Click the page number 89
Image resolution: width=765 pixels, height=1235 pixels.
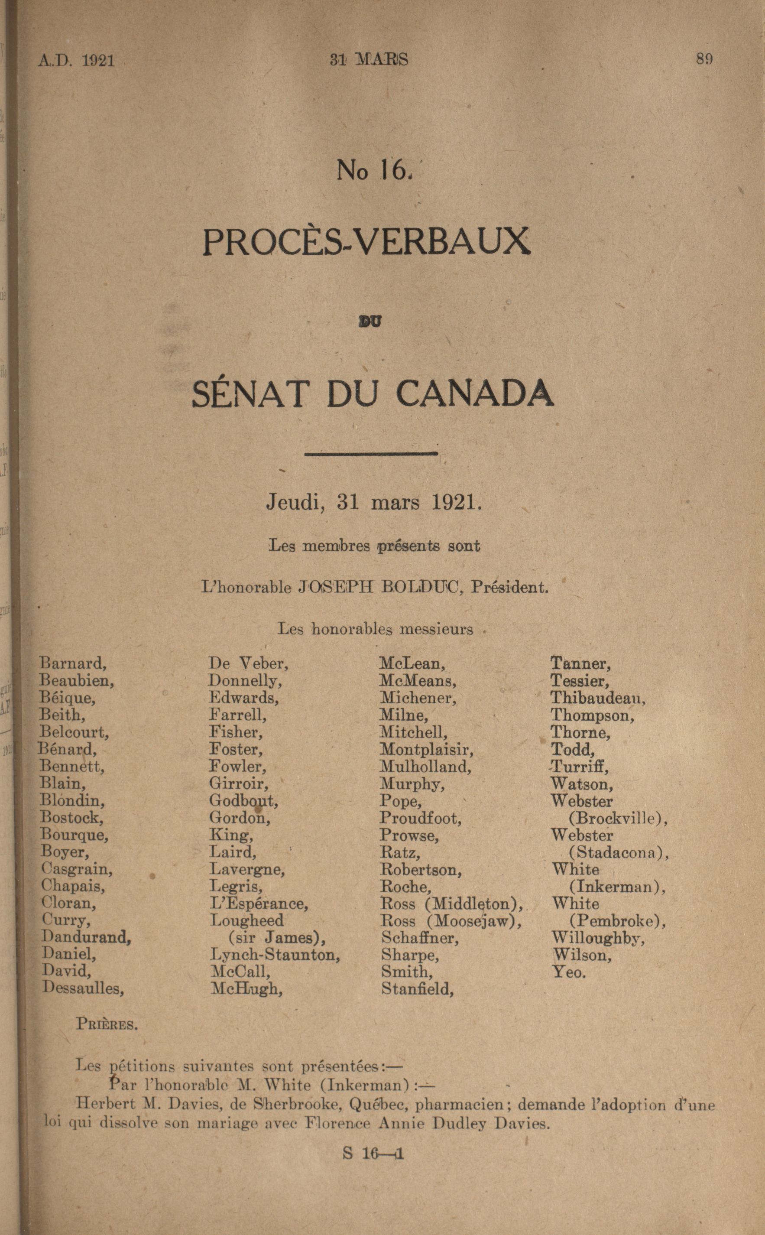pos(704,59)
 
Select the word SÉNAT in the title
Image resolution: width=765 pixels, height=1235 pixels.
pos(250,394)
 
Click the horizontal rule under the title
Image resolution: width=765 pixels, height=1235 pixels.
pos(371,454)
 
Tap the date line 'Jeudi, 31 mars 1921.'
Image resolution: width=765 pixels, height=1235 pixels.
pos(374,502)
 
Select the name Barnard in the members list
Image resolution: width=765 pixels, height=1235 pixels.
pos(73,663)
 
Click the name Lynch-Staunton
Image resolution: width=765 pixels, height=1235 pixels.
pos(275,955)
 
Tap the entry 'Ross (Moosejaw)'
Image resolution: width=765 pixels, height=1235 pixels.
pos(451,921)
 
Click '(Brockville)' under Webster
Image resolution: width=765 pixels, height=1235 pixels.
pos(618,819)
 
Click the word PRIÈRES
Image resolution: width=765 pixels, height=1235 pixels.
pos(107,1024)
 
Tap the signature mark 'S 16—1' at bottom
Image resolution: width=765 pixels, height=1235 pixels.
pos(373,1154)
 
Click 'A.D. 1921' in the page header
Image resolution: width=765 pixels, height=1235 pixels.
pos(76,61)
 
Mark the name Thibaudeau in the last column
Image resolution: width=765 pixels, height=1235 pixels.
pos(597,698)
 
